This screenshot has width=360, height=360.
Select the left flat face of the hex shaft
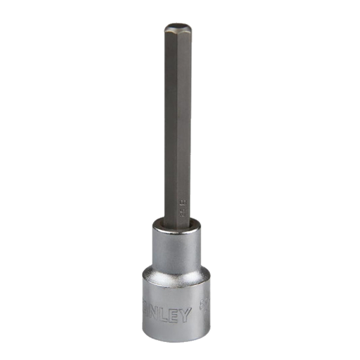click(x=169, y=120)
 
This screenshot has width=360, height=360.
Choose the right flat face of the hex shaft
click(x=183, y=120)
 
